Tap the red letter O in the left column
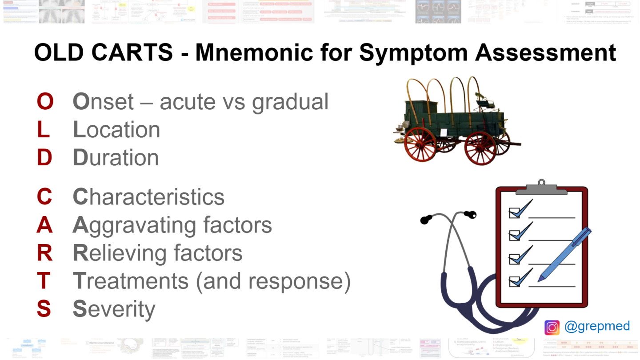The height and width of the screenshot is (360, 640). tap(44, 102)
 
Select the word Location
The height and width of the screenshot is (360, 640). tap(116, 130)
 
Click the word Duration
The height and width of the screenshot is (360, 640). tap(116, 158)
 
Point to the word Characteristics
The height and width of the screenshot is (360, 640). tap(148, 197)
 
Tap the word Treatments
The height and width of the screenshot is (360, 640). tap(131, 281)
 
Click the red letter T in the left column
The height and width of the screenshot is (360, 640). tap(44, 281)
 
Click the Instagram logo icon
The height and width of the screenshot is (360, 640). tap(552, 328)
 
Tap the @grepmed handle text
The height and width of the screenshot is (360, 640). tap(597, 326)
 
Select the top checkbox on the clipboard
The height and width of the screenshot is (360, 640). tap(515, 212)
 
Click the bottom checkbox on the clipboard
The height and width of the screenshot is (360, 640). tap(515, 281)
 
